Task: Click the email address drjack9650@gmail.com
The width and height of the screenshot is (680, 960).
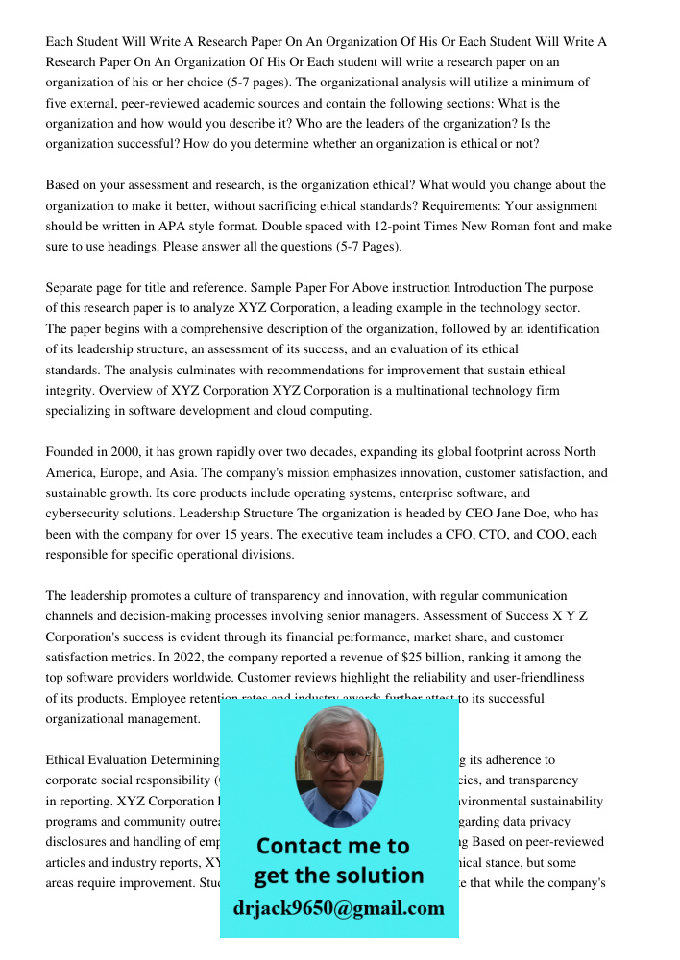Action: click(x=338, y=908)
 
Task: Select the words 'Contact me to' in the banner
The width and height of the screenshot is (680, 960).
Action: click(x=332, y=846)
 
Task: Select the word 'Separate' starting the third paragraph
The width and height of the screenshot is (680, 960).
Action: click(x=73, y=288)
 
